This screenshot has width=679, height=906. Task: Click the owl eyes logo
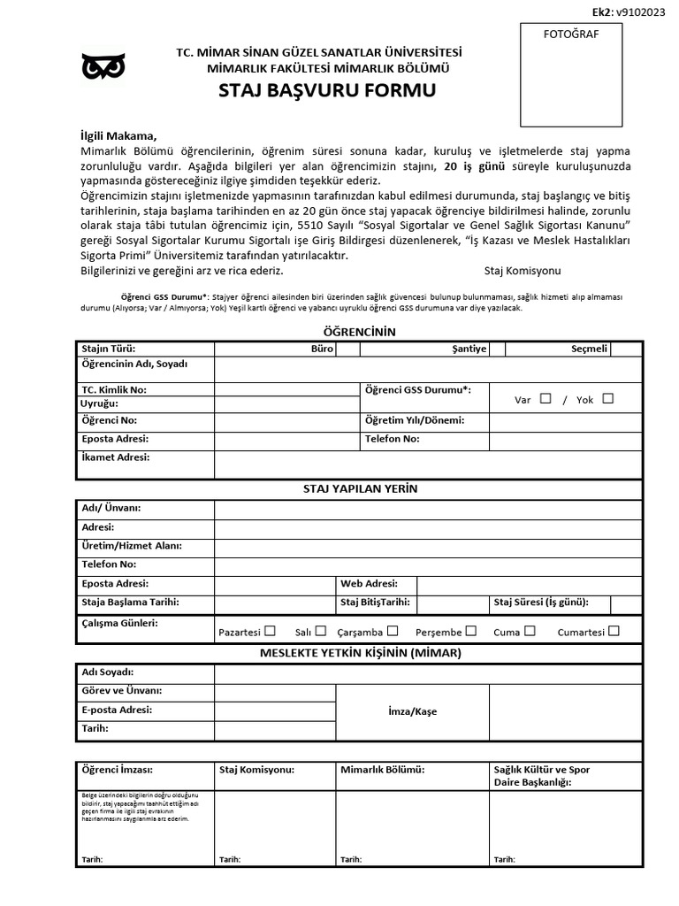(103, 66)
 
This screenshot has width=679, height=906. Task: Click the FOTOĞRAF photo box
(570, 75)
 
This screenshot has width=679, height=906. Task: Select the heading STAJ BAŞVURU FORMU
(327, 90)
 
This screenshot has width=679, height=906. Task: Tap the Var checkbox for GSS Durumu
(545, 398)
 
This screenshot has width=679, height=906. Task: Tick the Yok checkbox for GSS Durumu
(607, 398)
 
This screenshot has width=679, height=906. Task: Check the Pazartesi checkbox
(270, 631)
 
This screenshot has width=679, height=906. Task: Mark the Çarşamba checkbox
(393, 631)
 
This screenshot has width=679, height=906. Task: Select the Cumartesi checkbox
(614, 631)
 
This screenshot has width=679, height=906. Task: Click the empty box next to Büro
(347, 349)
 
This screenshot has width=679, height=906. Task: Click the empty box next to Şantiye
(498, 349)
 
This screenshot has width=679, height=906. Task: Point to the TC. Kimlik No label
(114, 389)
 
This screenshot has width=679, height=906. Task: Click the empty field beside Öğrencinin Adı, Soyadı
(428, 369)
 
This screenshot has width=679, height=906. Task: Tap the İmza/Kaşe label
(412, 711)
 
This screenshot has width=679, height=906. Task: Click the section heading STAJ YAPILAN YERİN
(360, 488)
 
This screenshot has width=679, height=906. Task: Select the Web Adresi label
(369, 583)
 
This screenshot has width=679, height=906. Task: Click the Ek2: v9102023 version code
(629, 12)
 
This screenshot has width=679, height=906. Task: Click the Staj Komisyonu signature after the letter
(523, 270)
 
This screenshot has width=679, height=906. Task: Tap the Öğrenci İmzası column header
(116, 770)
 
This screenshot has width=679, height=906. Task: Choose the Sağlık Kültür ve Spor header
(541, 770)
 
